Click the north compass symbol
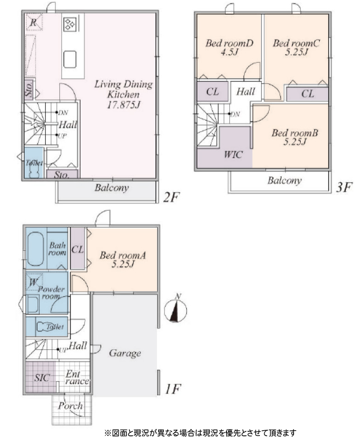pos(176,310)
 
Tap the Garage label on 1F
pos(125,353)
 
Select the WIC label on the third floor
pos(233,155)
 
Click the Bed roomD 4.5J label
pos(229,47)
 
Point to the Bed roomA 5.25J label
pos(122,259)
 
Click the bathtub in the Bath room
pos(36,249)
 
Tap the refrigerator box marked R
pos(34,22)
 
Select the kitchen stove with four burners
pos(70,24)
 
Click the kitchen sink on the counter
pos(70,59)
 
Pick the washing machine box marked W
pos(34,282)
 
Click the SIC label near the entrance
pos(42,378)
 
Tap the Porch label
pos(70,406)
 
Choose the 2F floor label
pos(171,197)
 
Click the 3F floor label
pos(344,187)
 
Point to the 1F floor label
pos(173,388)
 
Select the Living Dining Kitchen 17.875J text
pos(124,94)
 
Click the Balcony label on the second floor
pos(112,188)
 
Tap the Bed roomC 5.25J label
pos(296,47)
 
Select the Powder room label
pos(51,292)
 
